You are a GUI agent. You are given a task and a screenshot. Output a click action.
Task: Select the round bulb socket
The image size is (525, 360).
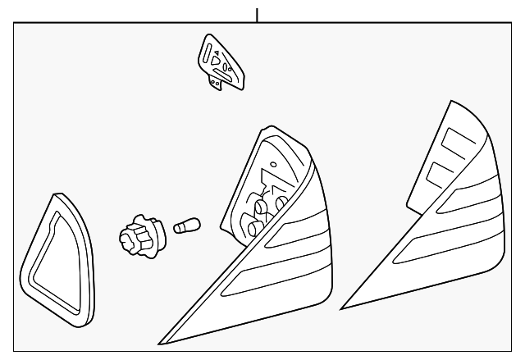(139, 235)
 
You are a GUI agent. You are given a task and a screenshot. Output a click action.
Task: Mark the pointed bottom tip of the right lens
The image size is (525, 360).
(345, 308)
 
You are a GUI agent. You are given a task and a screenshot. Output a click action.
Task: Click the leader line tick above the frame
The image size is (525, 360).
(258, 15)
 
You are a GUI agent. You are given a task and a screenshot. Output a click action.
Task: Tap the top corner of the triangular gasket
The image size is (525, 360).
(58, 198)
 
